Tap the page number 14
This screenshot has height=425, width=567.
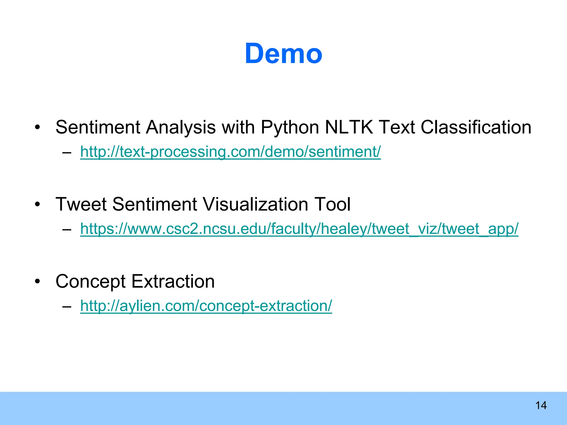pyautogui.click(x=541, y=406)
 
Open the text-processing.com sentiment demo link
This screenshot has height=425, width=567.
pyautogui.click(x=230, y=152)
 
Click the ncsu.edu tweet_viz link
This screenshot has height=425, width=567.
pyautogui.click(x=299, y=229)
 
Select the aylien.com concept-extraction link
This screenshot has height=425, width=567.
pyautogui.click(x=206, y=306)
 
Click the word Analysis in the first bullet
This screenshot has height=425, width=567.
pyautogui.click(x=181, y=128)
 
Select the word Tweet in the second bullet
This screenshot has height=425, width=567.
pyautogui.click(x=81, y=204)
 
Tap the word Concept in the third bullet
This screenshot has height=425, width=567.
pyautogui.click(x=91, y=282)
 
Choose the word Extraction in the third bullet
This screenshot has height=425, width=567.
pyautogui.click(x=173, y=281)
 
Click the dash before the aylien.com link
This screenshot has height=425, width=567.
pyautogui.click(x=67, y=306)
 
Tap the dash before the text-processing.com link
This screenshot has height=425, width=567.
pyautogui.click(x=67, y=152)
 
